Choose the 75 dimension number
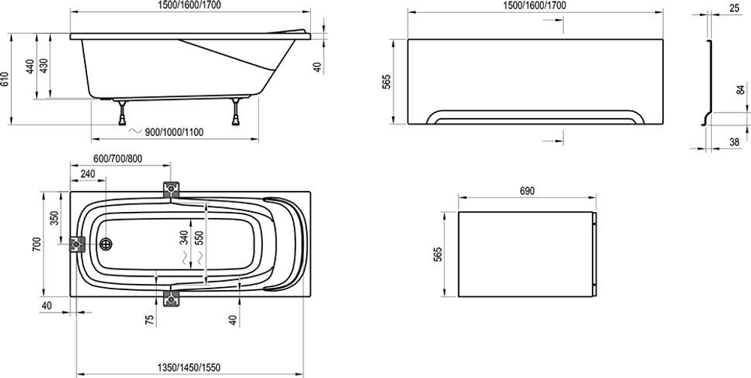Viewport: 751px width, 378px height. pyautogui.click(x=150, y=320)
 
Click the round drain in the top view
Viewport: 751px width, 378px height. pyautogui.click(x=106, y=244)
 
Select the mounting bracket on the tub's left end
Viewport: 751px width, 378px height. pyautogui.click(x=77, y=244)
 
